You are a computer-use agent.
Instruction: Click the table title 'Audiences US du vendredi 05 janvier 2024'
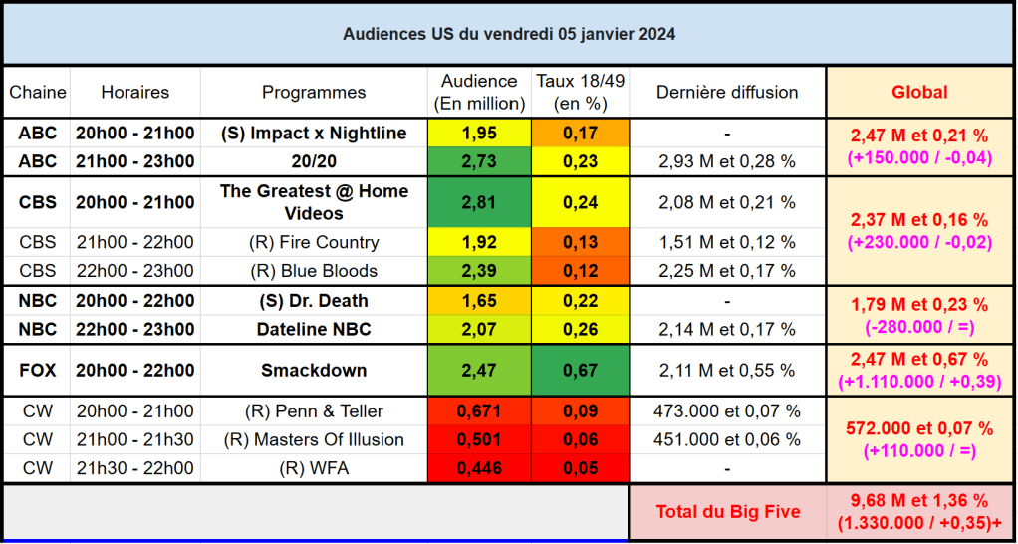pyautogui.click(x=509, y=34)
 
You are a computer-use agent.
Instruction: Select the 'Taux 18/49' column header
pyautogui.click(x=580, y=92)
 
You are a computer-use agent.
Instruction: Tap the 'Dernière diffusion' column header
pyautogui.click(x=727, y=92)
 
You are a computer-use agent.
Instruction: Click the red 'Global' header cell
pyautogui.click(x=919, y=92)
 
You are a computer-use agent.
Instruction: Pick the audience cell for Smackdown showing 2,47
pyautogui.click(x=479, y=371)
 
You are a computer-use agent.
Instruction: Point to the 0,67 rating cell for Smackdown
pyautogui.click(x=580, y=371)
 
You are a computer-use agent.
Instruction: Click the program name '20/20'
pyautogui.click(x=314, y=161)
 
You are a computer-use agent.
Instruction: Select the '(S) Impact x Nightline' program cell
pyautogui.click(x=314, y=134)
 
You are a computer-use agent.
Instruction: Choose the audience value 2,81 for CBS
pyautogui.click(x=479, y=202)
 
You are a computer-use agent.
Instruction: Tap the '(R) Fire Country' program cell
pyautogui.click(x=314, y=243)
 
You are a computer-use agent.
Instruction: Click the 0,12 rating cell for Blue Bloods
pyautogui.click(x=580, y=271)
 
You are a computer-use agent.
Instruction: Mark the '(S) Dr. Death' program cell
pyautogui.click(x=314, y=301)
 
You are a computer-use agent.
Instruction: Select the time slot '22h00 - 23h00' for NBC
pyautogui.click(x=134, y=329)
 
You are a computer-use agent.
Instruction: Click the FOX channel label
pyautogui.click(x=38, y=371)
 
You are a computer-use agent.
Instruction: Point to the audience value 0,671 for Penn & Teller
pyautogui.click(x=479, y=411)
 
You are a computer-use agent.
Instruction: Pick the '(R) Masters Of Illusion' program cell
pyautogui.click(x=314, y=440)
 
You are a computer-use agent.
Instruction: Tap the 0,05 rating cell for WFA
pyautogui.click(x=580, y=468)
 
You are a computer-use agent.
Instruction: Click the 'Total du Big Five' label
pyautogui.click(x=727, y=512)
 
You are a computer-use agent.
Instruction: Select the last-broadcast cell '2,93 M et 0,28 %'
pyautogui.click(x=727, y=161)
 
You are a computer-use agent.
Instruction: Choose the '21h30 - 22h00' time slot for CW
pyautogui.click(x=134, y=468)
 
